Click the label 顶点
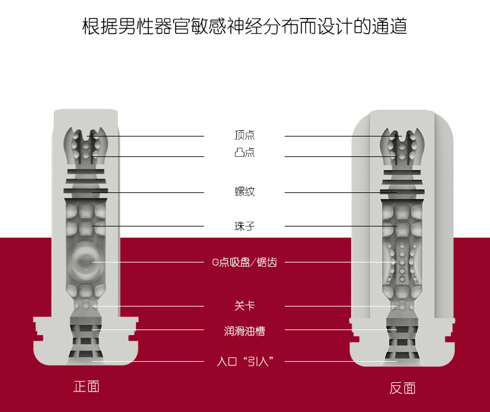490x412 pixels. coord(244,135)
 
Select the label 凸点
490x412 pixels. coord(244,152)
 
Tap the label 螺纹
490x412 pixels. coord(244,191)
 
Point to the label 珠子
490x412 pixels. coord(244,226)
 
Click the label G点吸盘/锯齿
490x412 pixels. coord(244,262)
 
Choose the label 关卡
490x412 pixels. coord(244,305)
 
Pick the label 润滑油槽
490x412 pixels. coord(244,331)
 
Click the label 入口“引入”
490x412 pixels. coord(245,361)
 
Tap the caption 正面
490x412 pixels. coord(87,387)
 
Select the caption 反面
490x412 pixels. coord(403,388)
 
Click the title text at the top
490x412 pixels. coord(244,26)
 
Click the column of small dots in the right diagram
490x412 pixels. coord(402,262)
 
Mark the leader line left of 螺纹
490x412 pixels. coord(148,192)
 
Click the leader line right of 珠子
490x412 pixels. coord(341,226)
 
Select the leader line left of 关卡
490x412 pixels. coord(148,306)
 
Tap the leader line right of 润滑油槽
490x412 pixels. coord(341,329)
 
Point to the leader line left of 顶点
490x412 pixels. coord(145,136)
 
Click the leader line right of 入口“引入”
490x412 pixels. coord(341,361)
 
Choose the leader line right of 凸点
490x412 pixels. coord(341,156)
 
